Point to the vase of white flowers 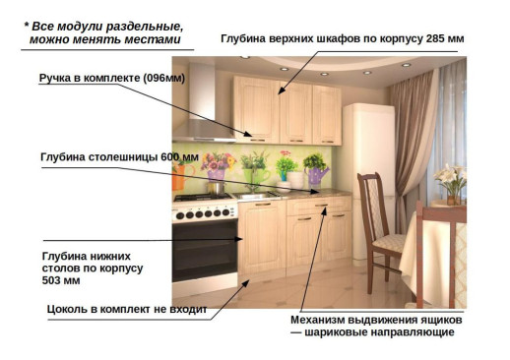(x=450, y=182)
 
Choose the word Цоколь (x=70, y=309)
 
